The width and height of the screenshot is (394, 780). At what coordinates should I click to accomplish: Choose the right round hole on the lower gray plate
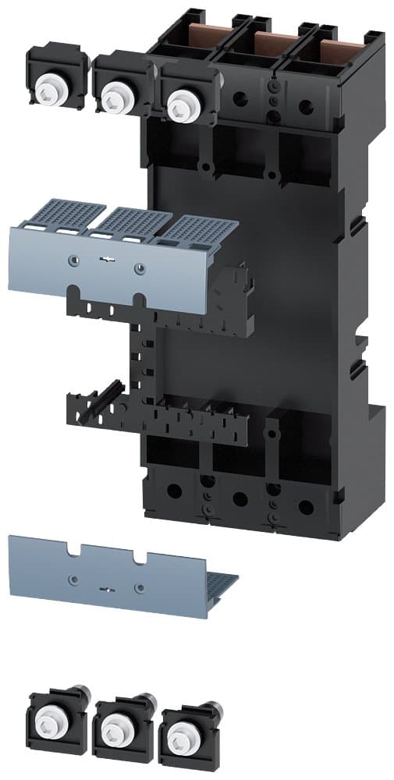point(140,587)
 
